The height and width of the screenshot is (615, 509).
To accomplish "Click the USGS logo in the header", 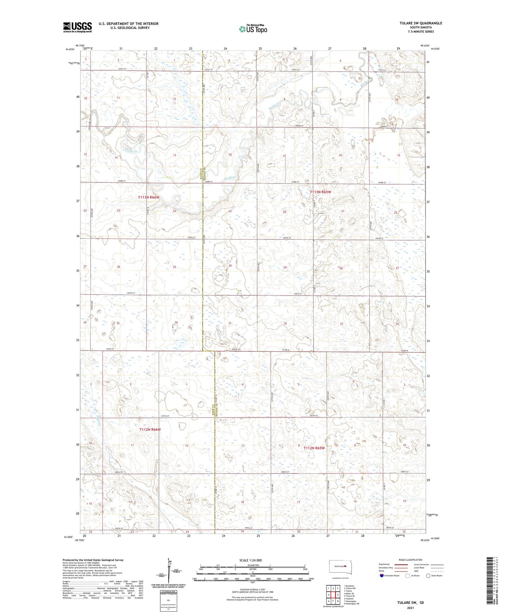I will tap(77, 27).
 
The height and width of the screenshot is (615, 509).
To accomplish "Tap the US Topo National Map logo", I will tap(253, 29).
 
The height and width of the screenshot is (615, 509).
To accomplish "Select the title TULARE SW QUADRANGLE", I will tap(421, 23).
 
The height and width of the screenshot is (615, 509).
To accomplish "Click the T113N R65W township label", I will tap(320, 192).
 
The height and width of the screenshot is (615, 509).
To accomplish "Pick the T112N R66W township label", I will tap(150, 429).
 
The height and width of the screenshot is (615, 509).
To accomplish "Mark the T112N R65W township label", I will tap(314, 448).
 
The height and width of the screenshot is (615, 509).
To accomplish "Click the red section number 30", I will tap(230, 266).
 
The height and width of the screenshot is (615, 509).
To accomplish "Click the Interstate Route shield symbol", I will tap(382, 575).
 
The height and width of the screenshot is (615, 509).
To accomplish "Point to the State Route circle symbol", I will tap(429, 575).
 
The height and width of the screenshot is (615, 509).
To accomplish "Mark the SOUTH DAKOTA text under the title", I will tap(421, 27).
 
